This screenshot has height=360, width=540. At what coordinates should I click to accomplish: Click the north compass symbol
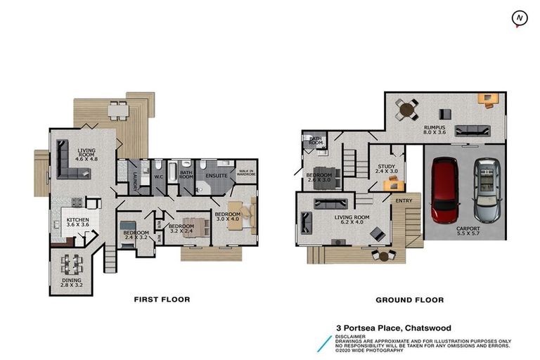[520, 18]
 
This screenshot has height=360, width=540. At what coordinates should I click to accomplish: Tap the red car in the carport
[444, 188]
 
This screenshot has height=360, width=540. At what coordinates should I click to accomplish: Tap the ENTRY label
[404, 201]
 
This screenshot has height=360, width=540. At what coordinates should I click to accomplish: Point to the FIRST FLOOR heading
[162, 300]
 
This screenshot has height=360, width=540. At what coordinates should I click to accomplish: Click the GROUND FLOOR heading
[409, 300]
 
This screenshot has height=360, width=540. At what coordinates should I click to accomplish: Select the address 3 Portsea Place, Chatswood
[393, 328]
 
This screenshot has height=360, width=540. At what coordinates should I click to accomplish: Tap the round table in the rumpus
[406, 108]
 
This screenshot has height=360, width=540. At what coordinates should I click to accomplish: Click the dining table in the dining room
[71, 264]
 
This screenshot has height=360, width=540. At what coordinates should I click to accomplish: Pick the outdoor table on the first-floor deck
[119, 110]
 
